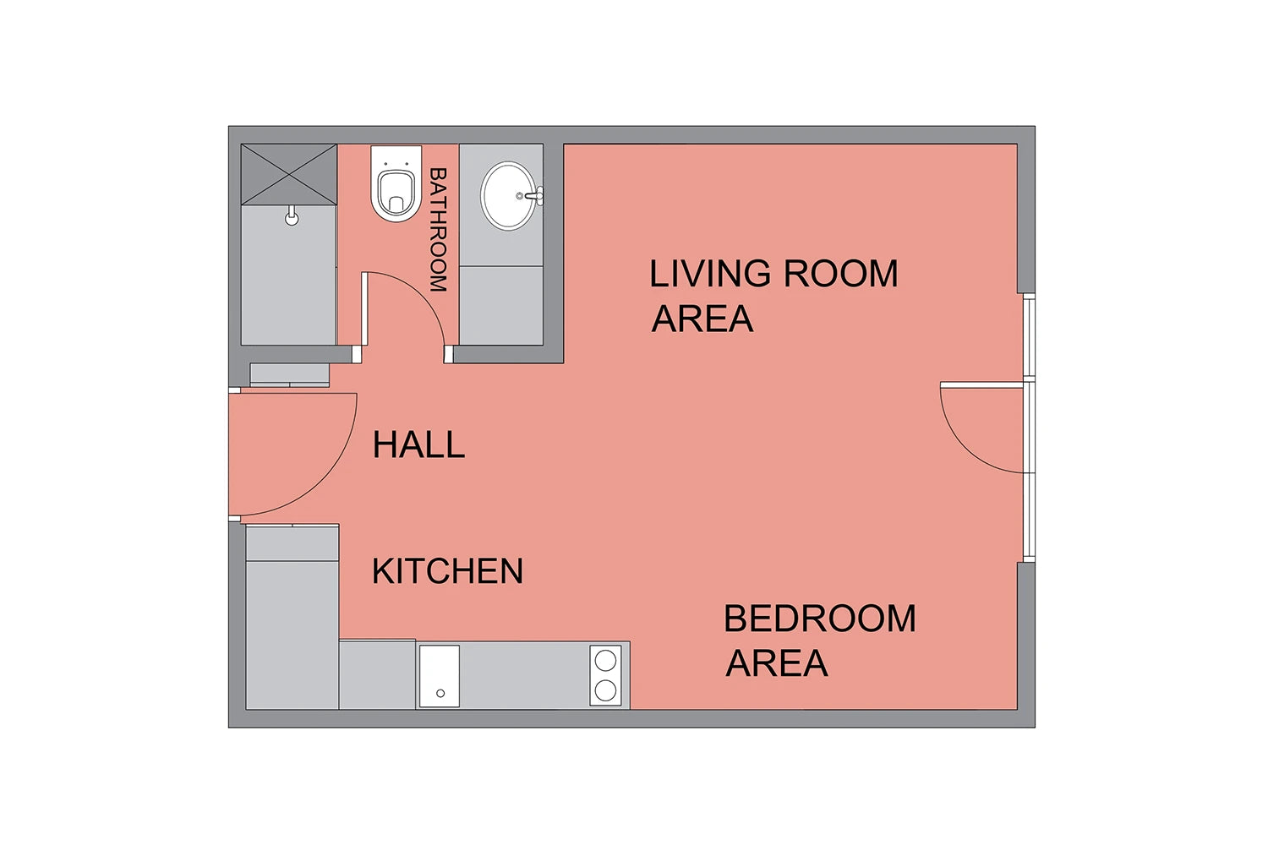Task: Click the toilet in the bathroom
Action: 396,184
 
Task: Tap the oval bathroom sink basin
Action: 508,196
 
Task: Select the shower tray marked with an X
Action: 289,174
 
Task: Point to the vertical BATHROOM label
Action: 439,230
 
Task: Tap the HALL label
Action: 419,444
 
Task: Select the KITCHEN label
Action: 448,570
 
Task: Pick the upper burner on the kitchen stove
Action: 606,660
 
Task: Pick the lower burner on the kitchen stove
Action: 606,690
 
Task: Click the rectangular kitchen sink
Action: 440,676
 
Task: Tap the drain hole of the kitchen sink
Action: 440,693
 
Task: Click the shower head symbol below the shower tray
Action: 292,215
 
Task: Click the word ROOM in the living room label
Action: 840,274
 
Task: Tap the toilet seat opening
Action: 396,193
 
